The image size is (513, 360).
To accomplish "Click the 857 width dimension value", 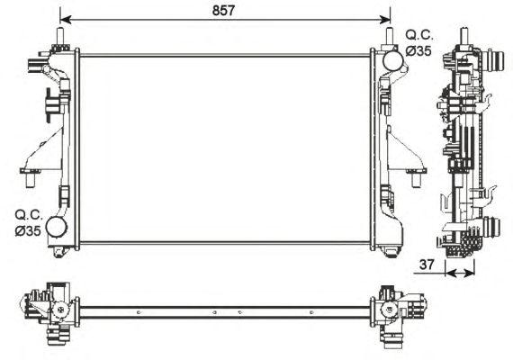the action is (223, 11).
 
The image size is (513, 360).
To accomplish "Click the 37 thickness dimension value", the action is (427, 265).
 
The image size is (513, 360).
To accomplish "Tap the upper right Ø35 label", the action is (418, 50).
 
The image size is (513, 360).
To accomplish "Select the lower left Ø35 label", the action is (28, 231).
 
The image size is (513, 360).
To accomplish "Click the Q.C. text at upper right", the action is (419, 35).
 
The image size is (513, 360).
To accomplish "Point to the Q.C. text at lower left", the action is (29, 215).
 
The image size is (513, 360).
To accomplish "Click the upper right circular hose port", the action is (393, 60).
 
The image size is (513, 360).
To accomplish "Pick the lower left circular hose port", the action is (57, 227).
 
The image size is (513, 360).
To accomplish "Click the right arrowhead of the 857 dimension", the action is (385, 20).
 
